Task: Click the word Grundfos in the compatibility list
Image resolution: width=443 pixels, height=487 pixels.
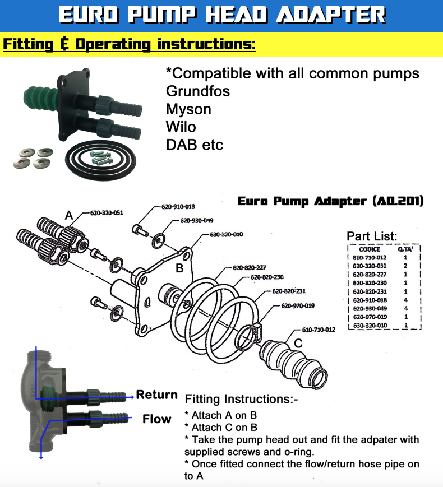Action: pos(198,91)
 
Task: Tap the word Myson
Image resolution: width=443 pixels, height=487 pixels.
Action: pos(188,109)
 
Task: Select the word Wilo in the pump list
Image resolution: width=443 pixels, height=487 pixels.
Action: pos(181,127)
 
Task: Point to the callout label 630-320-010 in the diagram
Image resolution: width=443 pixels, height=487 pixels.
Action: pos(226,234)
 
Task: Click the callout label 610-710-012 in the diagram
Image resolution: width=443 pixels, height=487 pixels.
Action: pos(319,330)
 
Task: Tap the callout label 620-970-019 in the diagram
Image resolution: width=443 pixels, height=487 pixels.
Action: pos(297,306)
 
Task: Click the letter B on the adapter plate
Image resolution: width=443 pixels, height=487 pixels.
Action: pos(179,268)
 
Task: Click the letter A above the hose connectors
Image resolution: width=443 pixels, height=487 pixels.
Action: pos(69,215)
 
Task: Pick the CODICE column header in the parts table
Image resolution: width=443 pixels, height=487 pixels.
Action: pos(370,249)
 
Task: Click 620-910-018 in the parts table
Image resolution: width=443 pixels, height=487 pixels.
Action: pos(370,300)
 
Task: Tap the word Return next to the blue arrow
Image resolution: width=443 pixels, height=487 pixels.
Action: pos(157,395)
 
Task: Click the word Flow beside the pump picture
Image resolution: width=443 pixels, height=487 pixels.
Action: pos(156,419)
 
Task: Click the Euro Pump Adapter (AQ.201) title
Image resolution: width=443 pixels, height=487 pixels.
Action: pos(330,201)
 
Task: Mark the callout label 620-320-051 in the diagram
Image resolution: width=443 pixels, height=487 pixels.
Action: pos(107,213)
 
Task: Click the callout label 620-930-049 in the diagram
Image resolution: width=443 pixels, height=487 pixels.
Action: pos(196,221)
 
